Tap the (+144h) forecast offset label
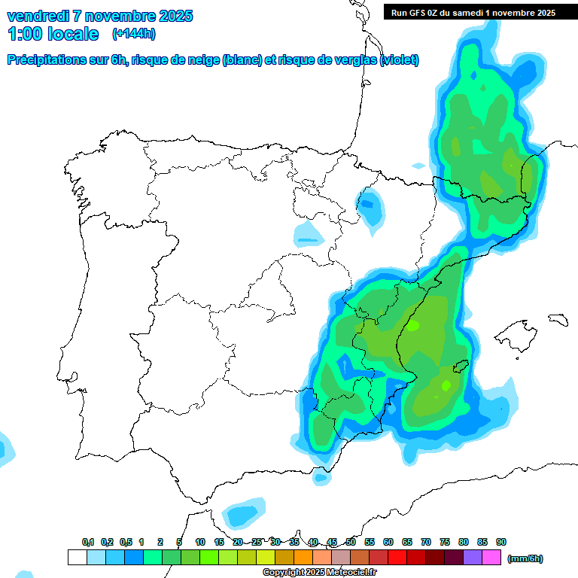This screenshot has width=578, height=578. click(133, 33)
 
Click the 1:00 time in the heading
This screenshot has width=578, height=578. click(26, 33)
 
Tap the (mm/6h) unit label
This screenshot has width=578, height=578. click(525, 558)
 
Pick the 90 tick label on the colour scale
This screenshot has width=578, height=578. click(501, 543)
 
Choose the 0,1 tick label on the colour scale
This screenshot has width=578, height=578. click(88, 543)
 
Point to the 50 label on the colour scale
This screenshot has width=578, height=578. click(351, 543)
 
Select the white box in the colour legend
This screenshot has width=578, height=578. click(77, 558)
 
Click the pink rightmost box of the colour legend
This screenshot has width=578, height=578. click(491, 558)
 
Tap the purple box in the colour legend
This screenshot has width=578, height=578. click(473, 558)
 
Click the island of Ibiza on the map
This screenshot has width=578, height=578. click(458, 367)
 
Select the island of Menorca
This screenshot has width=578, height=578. click(558, 320)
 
